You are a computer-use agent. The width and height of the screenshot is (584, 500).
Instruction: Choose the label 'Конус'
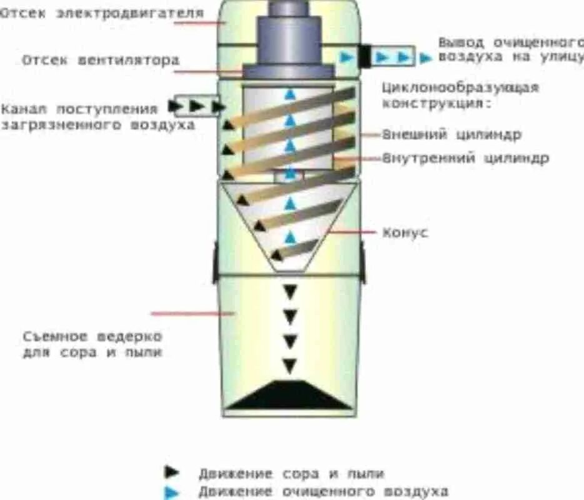[405, 232]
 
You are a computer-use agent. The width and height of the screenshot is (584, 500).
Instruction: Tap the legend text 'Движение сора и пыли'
[292, 473]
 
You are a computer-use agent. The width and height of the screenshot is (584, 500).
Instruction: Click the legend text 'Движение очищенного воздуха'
[324, 492]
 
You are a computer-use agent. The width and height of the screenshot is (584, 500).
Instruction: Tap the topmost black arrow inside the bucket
[290, 292]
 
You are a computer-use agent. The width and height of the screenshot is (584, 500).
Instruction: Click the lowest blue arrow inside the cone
[289, 237]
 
